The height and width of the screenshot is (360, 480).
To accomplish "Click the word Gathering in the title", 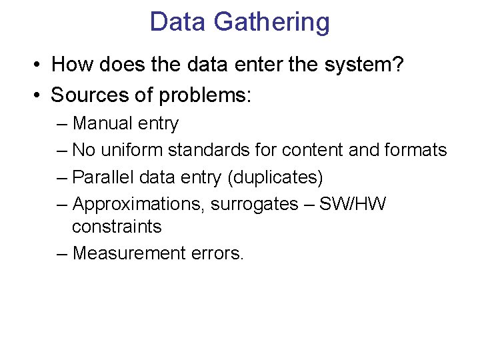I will click(x=271, y=22).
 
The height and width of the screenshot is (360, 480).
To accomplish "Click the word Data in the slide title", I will click(x=178, y=22).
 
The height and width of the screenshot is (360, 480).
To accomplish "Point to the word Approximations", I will click(x=138, y=204).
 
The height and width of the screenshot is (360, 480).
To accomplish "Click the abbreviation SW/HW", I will click(x=353, y=204).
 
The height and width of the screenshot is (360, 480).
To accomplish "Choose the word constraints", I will click(x=117, y=227).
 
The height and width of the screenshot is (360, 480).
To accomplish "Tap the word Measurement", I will click(x=126, y=253).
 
